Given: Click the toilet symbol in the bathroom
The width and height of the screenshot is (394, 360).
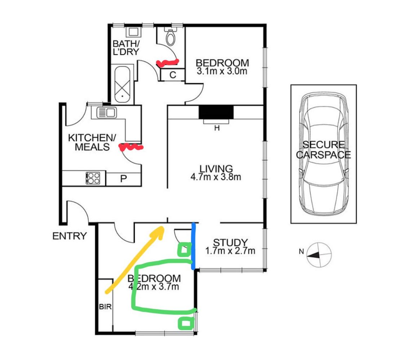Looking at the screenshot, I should pos(170,36).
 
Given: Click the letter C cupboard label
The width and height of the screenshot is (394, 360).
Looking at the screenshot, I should pos(173,75).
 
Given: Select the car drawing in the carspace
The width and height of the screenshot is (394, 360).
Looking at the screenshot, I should pos(323,153).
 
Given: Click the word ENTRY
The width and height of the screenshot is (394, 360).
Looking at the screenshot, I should pos(70,236).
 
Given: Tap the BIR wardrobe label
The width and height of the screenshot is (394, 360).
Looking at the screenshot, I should pos(105,307).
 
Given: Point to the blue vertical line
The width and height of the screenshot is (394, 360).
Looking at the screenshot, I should pos(193,246).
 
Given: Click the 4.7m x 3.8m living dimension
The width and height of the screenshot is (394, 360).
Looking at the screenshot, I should pos(216,177).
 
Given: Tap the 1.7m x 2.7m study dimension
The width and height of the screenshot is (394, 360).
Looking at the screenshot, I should pos(230,250).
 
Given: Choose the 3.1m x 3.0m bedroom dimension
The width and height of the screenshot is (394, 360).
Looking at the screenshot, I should pos(222,71).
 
